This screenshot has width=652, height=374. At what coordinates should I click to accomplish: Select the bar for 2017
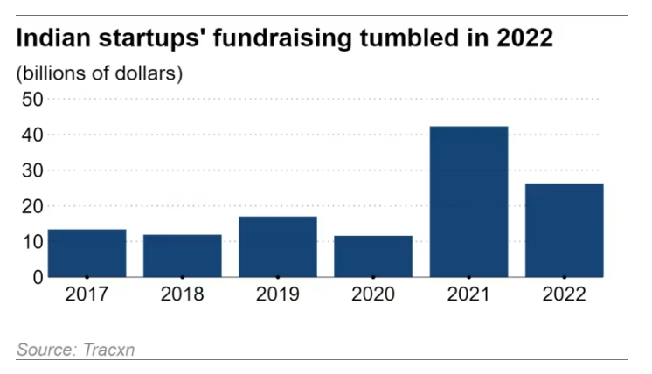tap(87, 253)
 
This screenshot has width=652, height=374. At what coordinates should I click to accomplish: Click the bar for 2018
tap(182, 255)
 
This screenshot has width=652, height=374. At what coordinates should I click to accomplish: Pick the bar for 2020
tap(373, 256)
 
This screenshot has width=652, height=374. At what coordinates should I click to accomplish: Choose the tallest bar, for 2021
tap(468, 202)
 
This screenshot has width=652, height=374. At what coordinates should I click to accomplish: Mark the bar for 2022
tap(564, 230)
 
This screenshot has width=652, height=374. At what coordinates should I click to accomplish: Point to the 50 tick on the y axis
tap(32, 100)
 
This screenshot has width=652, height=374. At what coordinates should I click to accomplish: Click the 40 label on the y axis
tap(32, 135)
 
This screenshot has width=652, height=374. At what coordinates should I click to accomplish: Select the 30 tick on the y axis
tap(32, 171)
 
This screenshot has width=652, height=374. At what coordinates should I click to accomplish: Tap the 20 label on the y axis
tap(32, 206)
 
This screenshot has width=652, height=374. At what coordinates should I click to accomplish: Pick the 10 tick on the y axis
tap(32, 242)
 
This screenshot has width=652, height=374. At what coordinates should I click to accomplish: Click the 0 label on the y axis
tap(38, 277)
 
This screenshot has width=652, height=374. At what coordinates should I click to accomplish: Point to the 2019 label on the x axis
tap(278, 294)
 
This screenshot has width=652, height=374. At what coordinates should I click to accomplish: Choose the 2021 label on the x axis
tap(468, 294)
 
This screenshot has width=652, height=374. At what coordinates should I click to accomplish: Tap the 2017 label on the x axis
tap(87, 294)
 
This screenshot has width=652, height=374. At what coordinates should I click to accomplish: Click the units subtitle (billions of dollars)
tap(99, 72)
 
